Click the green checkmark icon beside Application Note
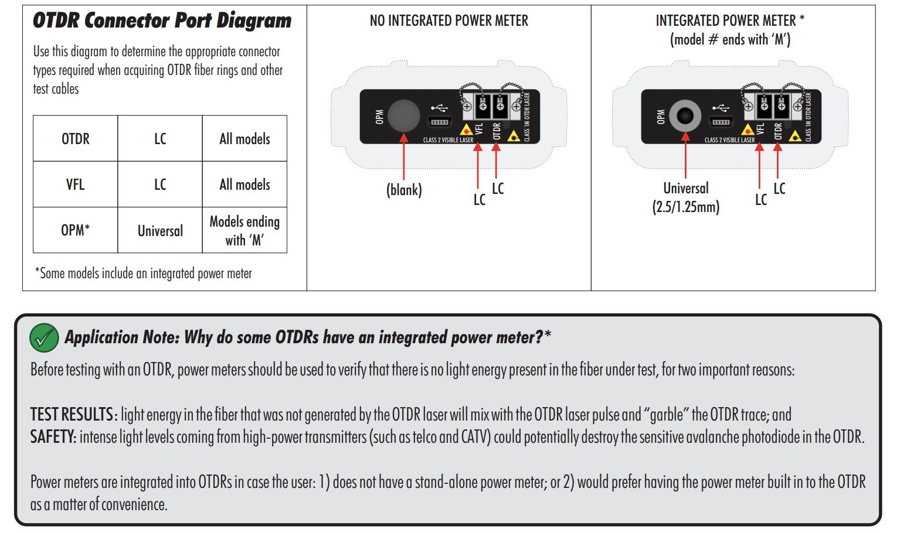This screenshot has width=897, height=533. tap(44, 338)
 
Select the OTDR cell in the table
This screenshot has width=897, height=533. tap(76, 139)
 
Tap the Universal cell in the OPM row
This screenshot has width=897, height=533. tap(160, 231)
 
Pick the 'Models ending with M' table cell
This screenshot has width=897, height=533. tap(244, 231)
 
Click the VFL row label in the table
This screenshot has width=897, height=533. tap(76, 184)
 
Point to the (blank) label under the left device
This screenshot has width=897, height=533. tap(404, 190)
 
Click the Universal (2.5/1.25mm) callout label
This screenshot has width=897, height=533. tap(685, 197)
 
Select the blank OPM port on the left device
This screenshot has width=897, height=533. tap(403, 115)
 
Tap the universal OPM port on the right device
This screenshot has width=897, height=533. tap(685, 115)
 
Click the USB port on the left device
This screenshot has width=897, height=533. tap(440, 121)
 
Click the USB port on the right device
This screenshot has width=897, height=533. tap(721, 121)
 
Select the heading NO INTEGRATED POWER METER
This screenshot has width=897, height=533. tap(448, 21)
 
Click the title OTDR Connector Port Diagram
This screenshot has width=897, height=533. tap(162, 20)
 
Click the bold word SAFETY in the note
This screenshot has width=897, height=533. tap(53, 437)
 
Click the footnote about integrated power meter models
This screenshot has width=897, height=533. tap(144, 274)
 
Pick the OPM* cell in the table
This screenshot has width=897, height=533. tap(76, 231)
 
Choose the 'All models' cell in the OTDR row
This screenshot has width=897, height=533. tap(244, 139)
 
